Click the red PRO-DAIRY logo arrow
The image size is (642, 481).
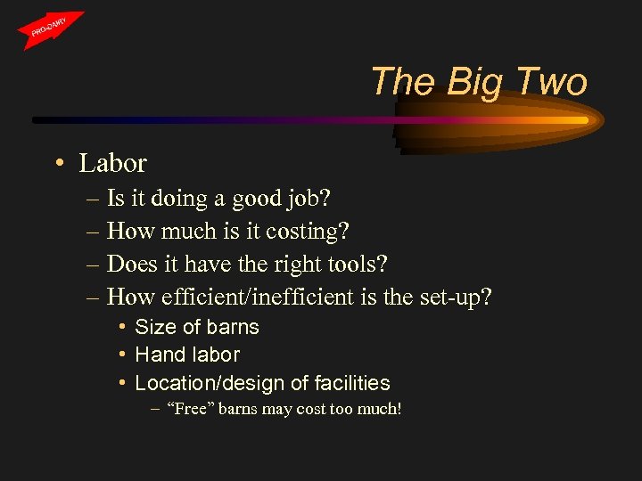[x=52, y=29]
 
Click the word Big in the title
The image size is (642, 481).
[x=473, y=82]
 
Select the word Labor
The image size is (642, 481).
[x=112, y=164]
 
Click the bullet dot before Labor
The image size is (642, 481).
[x=56, y=164]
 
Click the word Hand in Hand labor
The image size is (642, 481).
[x=155, y=355]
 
